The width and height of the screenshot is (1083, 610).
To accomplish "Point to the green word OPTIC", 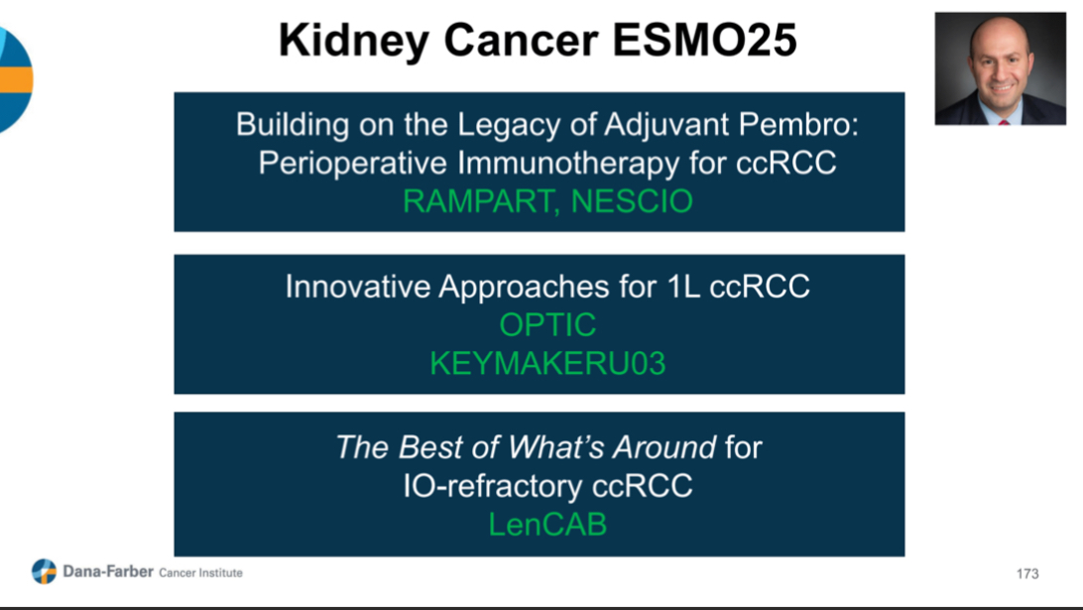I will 547,325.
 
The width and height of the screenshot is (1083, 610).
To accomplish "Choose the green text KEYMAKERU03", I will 547,363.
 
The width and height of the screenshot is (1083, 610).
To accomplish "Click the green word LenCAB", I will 547,524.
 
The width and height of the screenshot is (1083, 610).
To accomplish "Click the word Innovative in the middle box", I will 357,287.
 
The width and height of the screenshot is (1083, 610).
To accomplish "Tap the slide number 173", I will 1027,573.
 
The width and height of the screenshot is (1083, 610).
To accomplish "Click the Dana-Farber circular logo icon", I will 45,571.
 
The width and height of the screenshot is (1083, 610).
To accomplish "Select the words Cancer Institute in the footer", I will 200,572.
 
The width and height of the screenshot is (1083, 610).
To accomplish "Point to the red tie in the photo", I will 1004,121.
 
